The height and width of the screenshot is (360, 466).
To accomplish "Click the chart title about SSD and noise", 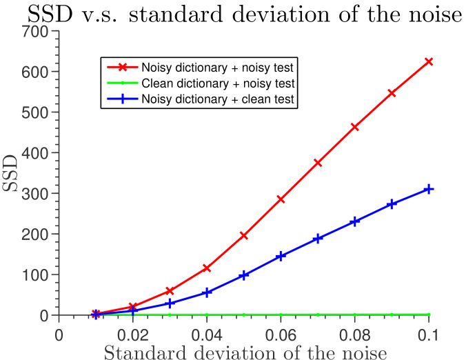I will (x=232, y=13).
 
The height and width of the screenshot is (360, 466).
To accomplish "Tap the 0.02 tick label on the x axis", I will (x=132, y=334).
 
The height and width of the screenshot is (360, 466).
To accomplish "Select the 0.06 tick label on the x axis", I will (x=281, y=334).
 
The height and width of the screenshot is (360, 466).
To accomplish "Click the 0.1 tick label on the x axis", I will (x=429, y=334).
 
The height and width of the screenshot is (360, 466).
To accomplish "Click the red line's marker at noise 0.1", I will (x=429, y=61).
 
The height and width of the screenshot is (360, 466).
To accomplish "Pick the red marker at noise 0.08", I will (x=355, y=127).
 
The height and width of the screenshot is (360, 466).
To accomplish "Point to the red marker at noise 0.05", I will (x=244, y=235).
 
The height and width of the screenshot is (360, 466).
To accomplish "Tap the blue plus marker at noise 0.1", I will (x=429, y=189).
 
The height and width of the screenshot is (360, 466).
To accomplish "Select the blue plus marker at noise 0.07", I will (x=318, y=239).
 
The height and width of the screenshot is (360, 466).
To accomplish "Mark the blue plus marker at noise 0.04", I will (x=207, y=292).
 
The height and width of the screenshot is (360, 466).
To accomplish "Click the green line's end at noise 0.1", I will (x=429, y=314).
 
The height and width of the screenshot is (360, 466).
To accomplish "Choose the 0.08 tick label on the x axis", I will (x=355, y=334).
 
